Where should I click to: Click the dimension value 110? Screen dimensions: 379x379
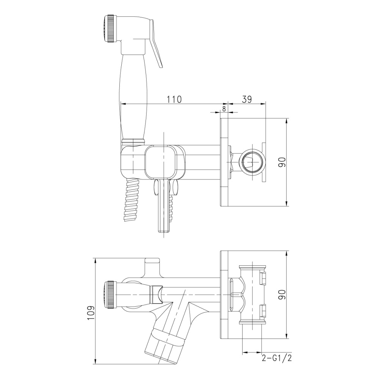[174, 99]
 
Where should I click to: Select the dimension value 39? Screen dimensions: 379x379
[247, 99]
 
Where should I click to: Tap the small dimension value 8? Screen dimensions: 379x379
[224, 108]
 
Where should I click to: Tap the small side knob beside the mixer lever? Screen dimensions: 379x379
[174, 188]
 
